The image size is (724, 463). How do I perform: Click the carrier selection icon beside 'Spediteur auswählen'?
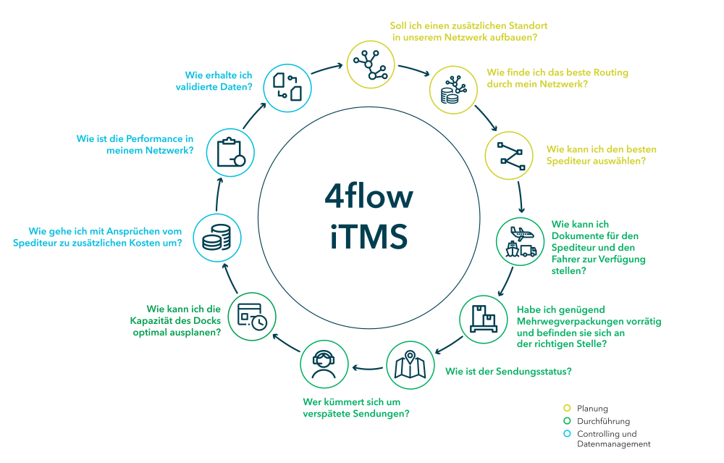click(x=510, y=155)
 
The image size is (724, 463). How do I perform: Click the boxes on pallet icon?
click(x=486, y=320)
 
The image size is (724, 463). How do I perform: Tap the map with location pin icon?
click(x=411, y=366)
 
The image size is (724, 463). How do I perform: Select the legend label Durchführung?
click(x=603, y=421)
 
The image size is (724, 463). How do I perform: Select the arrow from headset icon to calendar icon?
click(x=278, y=346)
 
